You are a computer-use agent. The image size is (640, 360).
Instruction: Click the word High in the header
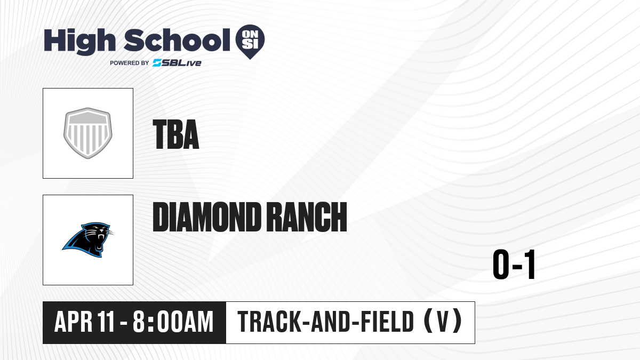(79, 42)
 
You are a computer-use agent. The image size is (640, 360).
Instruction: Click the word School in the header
(177, 40)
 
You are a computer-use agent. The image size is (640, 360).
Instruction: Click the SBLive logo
(177, 63)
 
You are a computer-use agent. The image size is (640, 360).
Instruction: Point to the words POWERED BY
(130, 63)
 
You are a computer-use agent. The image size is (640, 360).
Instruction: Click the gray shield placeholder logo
(88, 133)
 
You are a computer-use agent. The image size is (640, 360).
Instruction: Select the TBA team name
(175, 134)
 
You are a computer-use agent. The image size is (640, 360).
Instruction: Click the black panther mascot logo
(87, 239)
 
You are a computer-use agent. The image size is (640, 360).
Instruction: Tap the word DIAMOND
(206, 217)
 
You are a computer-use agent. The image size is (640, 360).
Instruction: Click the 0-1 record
(514, 265)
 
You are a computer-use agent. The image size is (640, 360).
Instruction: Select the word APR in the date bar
(73, 322)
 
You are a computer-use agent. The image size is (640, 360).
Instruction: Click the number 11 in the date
(106, 322)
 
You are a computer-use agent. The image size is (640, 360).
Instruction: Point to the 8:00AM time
(173, 322)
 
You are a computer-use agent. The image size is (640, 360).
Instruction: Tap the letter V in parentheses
(443, 322)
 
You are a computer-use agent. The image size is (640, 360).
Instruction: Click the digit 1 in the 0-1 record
(529, 265)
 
